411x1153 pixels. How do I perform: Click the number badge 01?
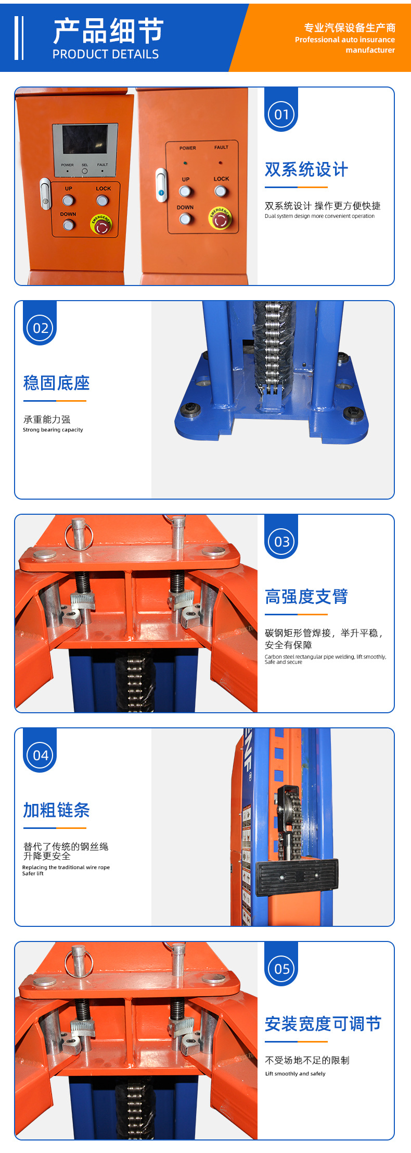click(x=281, y=115)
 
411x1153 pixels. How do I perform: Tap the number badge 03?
click(x=281, y=542)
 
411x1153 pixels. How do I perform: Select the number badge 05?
click(x=281, y=969)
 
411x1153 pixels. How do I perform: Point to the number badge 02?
click(x=40, y=328)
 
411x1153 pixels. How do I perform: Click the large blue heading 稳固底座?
click(x=56, y=383)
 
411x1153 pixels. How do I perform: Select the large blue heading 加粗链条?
click(x=56, y=810)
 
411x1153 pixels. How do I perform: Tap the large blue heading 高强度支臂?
click(x=306, y=597)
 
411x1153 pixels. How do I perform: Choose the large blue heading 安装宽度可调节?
click(x=323, y=1024)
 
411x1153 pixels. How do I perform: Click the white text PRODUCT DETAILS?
click(x=106, y=54)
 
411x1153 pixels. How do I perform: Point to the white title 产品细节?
click(x=108, y=31)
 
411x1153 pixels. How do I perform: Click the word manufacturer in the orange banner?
click(x=370, y=50)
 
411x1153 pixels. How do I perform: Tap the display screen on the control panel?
click(x=85, y=139)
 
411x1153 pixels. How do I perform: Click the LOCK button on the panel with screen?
click(x=102, y=200)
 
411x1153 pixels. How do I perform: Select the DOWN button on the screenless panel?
click(x=185, y=219)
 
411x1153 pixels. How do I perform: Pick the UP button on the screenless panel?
click(x=185, y=191)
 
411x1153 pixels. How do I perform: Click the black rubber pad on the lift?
click(x=297, y=877)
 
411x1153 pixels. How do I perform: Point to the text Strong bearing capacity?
click(x=53, y=430)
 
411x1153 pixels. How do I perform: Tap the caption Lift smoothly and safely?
click(x=295, y=1073)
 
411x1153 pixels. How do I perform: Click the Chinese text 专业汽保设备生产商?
click(x=350, y=28)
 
